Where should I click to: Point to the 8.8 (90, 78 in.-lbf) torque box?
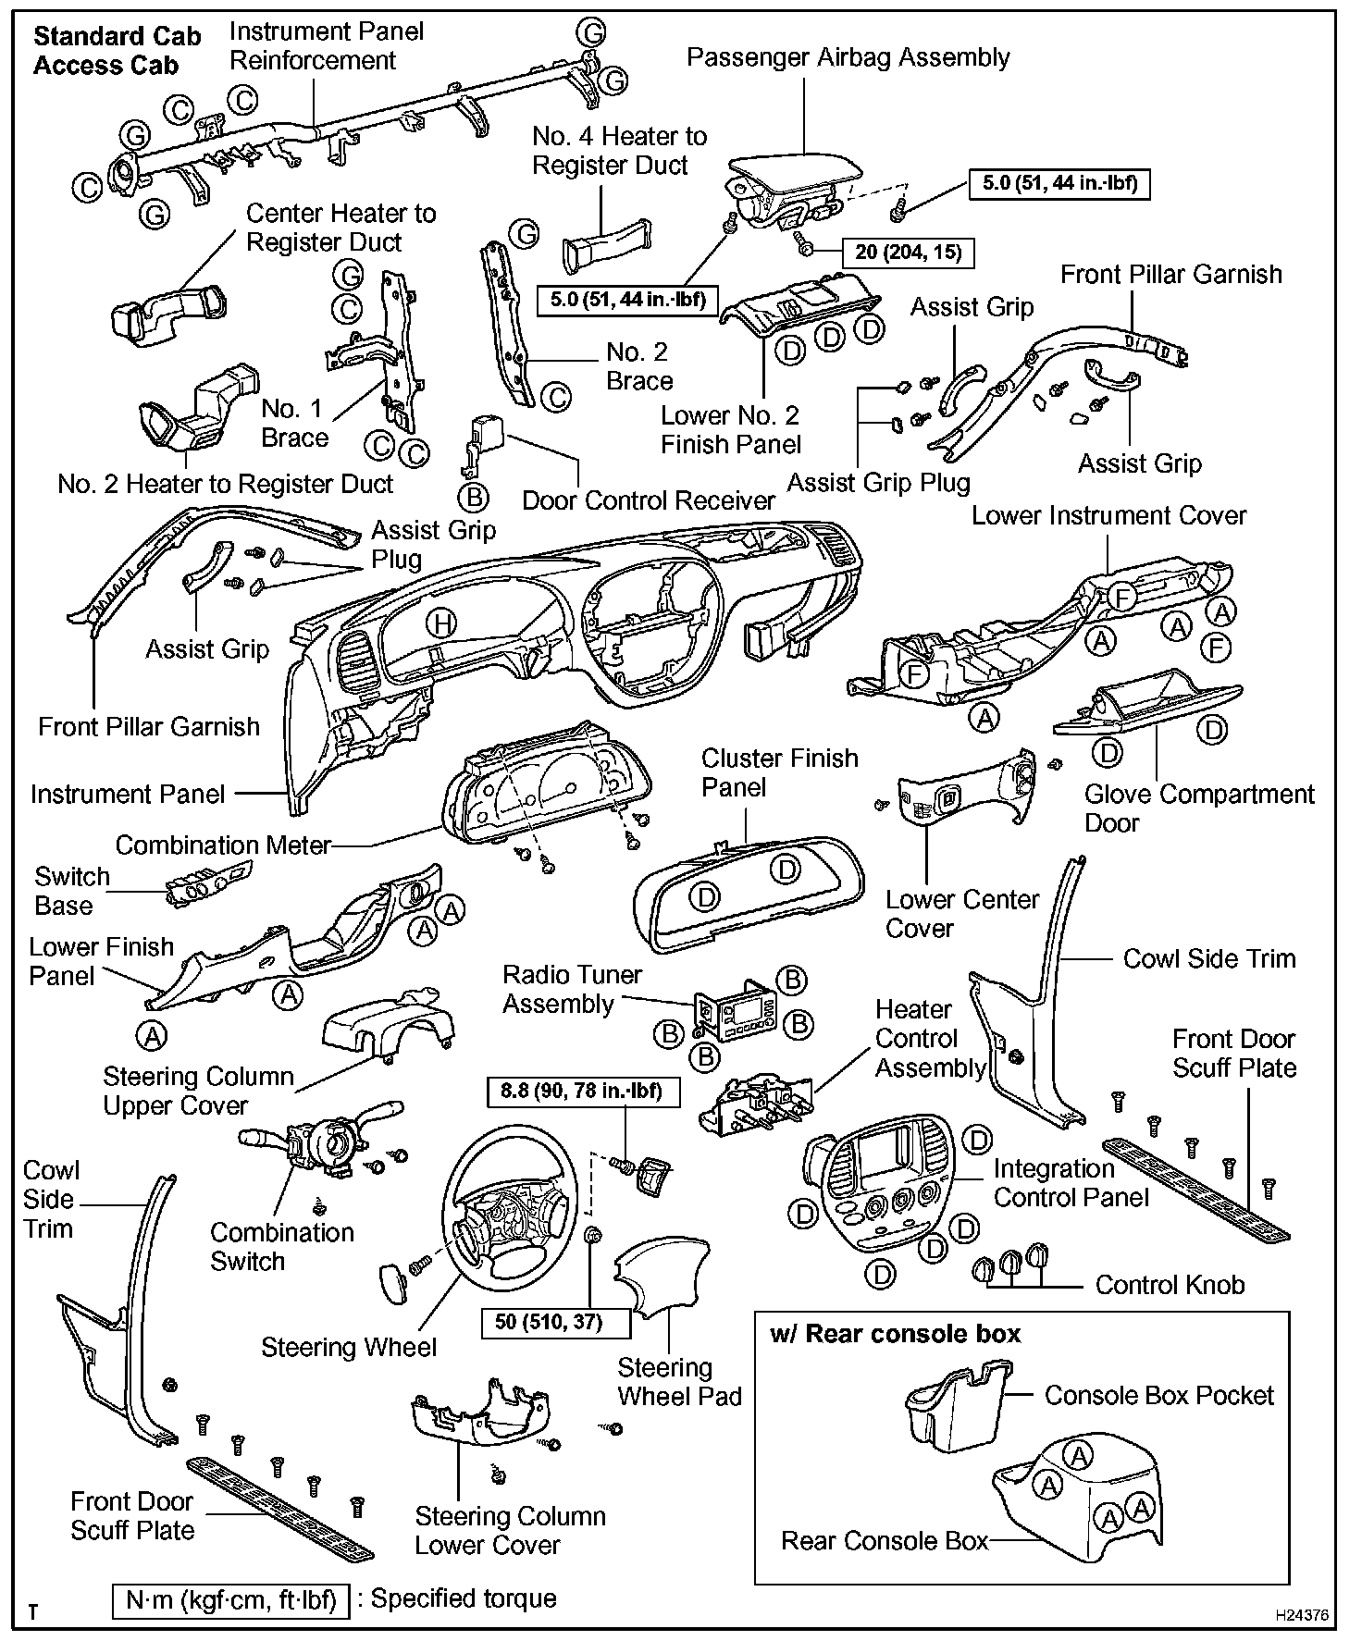[x=582, y=1092]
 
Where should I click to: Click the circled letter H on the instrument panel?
[x=442, y=624]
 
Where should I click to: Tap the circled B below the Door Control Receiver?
[x=474, y=498]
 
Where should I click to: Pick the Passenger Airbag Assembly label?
[x=848, y=57]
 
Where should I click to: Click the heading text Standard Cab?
[x=117, y=37]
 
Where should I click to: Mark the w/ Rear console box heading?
[x=895, y=1334]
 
